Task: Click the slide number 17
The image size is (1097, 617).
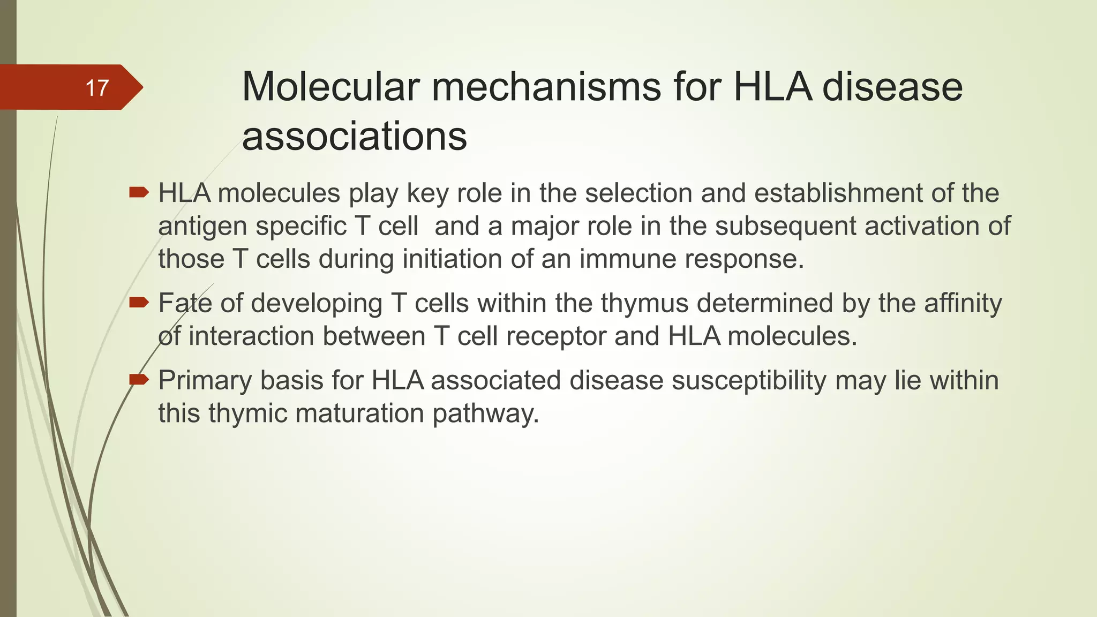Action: pos(97,88)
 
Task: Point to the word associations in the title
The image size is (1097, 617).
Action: pos(354,136)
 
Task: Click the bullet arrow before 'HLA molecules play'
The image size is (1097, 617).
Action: pos(139,192)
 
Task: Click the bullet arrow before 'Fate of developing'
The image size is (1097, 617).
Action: pos(139,303)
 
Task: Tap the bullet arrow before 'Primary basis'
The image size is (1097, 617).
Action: pos(139,380)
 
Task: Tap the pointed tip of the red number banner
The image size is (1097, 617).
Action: pos(141,87)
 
